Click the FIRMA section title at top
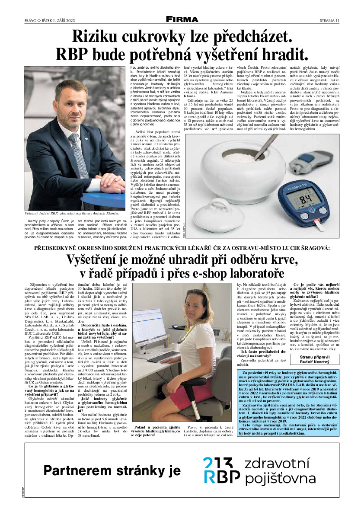click(182, 19)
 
